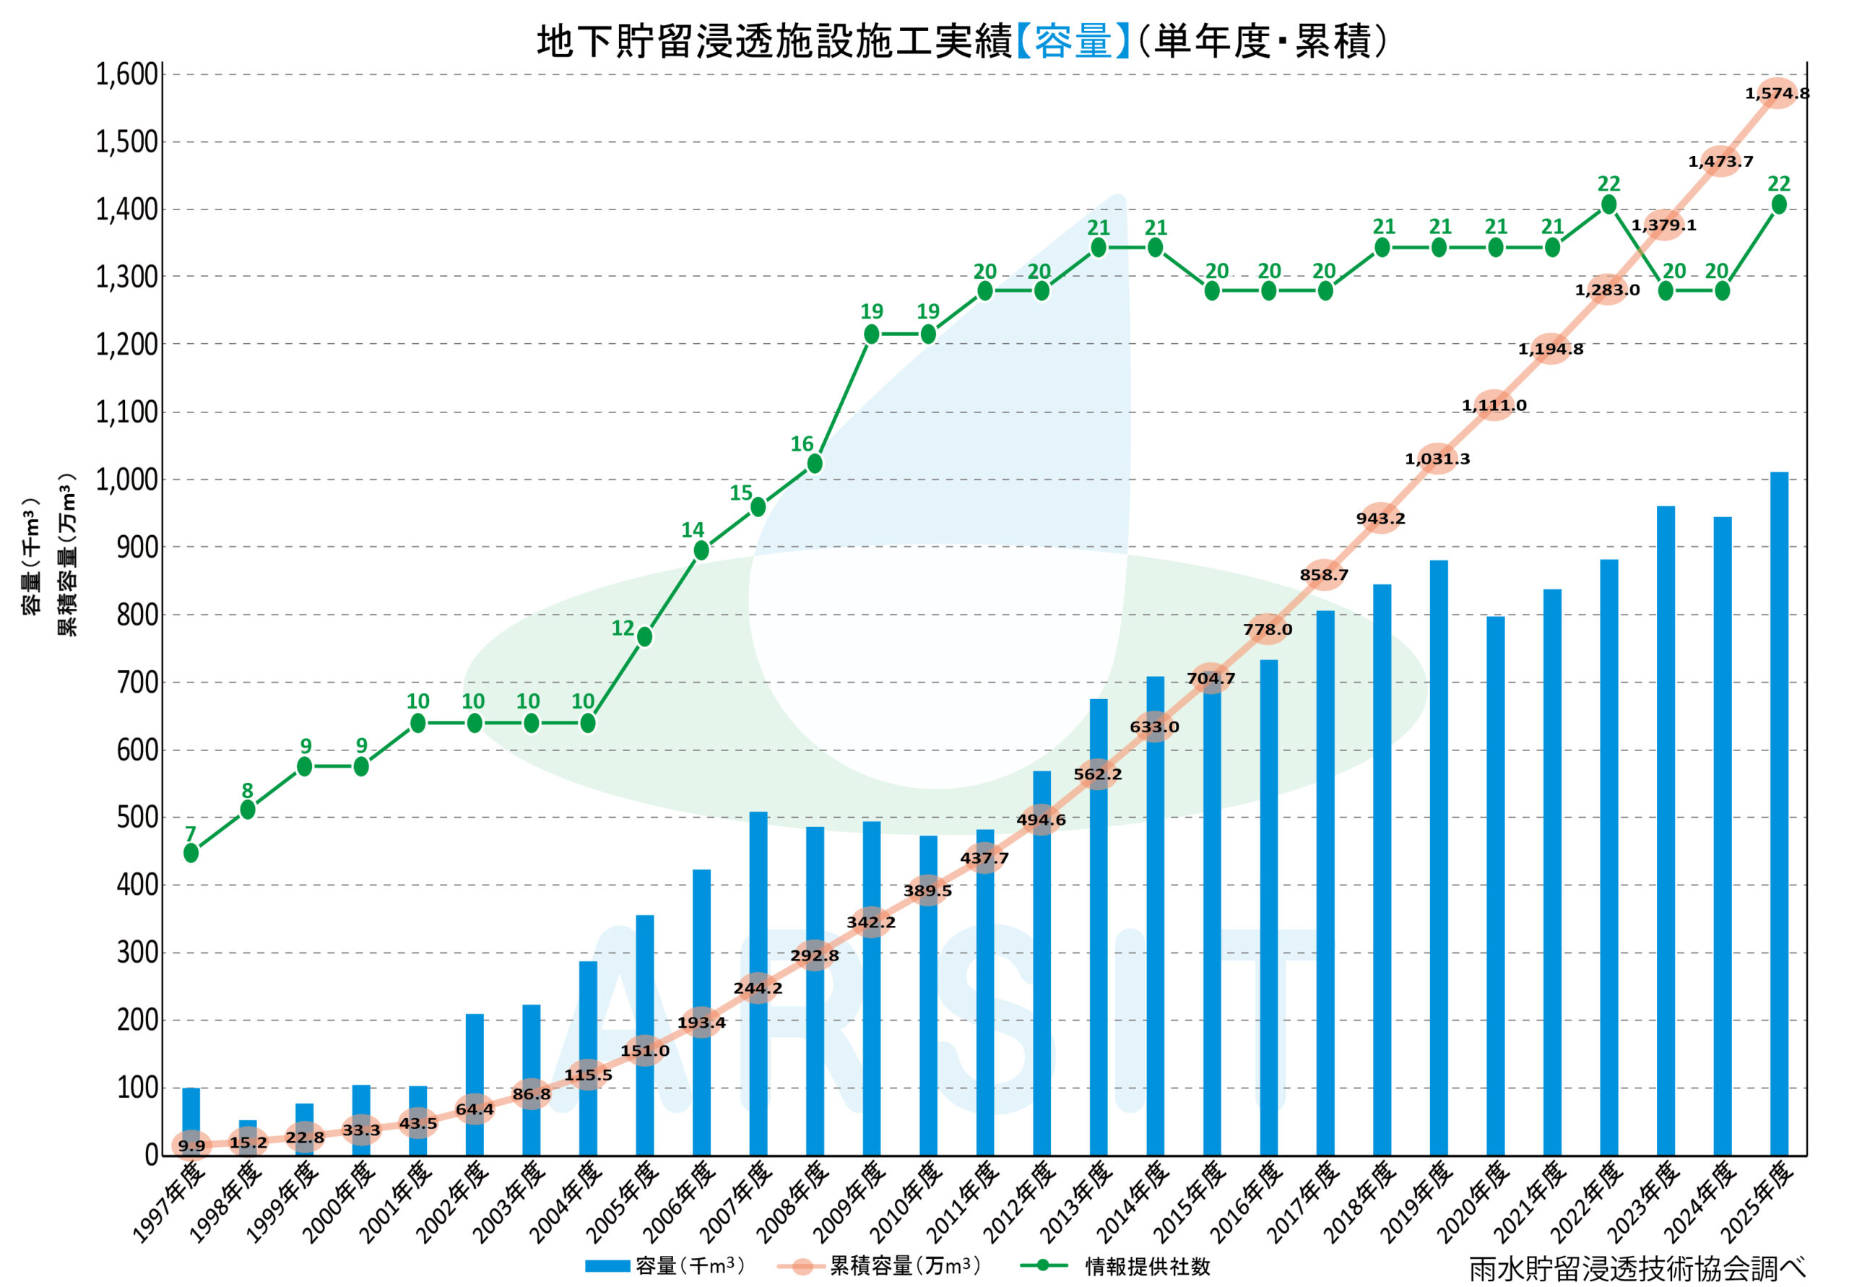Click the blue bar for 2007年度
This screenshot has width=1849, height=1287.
pyautogui.click(x=758, y=984)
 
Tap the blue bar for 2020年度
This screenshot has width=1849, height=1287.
pyautogui.click(x=1496, y=886)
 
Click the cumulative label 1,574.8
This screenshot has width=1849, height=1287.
pyautogui.click(x=1777, y=93)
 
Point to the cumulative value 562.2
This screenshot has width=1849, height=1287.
pyautogui.click(x=1098, y=774)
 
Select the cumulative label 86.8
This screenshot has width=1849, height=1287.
pyautogui.click(x=532, y=1093)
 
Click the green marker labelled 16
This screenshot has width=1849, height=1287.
pyautogui.click(x=815, y=463)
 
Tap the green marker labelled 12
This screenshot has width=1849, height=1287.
pyautogui.click(x=645, y=636)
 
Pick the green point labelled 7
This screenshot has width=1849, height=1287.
pyautogui.click(x=191, y=852)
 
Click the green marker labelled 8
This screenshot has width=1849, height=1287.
pyautogui.click(x=248, y=810)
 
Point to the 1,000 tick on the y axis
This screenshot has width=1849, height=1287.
pyautogui.click(x=127, y=480)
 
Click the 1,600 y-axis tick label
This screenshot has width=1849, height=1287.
pyautogui.click(x=127, y=74)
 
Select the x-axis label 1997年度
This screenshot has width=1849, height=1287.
pyautogui.click(x=168, y=1202)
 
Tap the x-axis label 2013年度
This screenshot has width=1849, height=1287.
pyautogui.click(x=1077, y=1202)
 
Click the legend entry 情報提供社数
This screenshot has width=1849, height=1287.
pyautogui.click(x=1148, y=1266)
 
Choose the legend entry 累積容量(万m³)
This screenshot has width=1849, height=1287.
pyautogui.click(x=905, y=1266)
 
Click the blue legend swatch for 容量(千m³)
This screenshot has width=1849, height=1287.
pyautogui.click(x=607, y=1266)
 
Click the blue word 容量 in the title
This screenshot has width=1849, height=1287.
pyautogui.click(x=1073, y=41)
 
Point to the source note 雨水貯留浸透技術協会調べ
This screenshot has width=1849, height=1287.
pyautogui.click(x=1637, y=1268)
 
